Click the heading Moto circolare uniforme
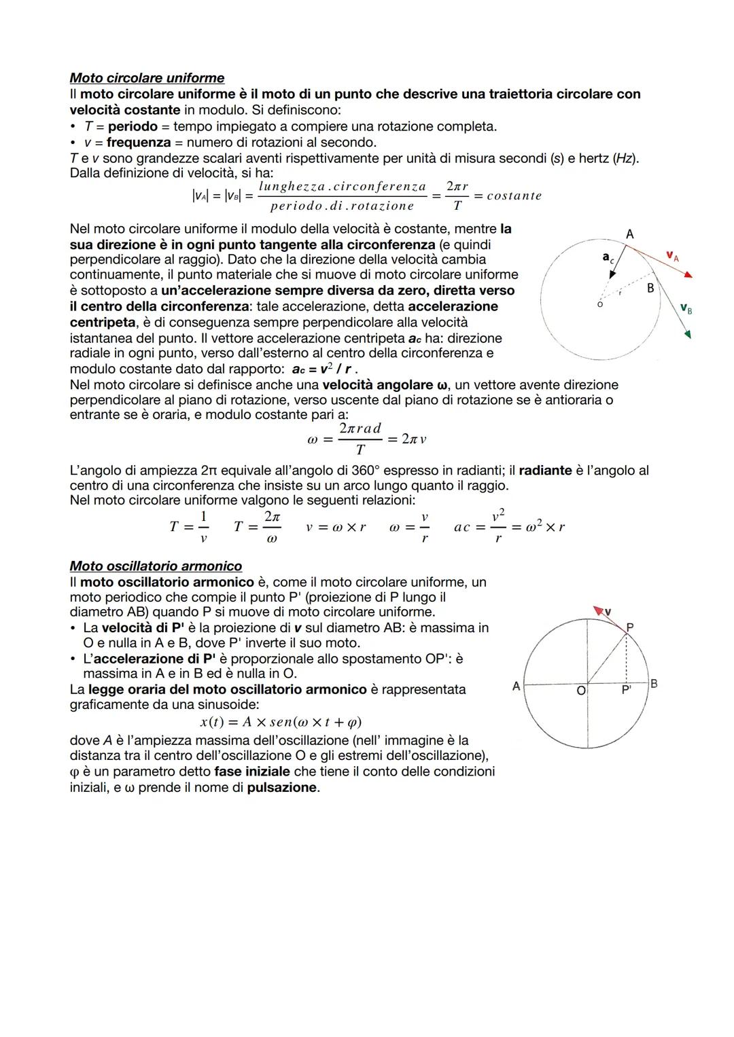(x=147, y=78)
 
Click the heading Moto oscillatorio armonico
(x=156, y=566)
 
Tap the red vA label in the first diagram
(x=672, y=256)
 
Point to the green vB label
(x=686, y=310)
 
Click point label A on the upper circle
(x=630, y=234)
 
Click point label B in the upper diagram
(x=650, y=289)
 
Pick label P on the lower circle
(x=630, y=627)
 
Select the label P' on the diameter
(x=627, y=690)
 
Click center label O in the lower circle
(x=580, y=691)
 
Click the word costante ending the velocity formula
(x=514, y=196)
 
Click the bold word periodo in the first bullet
(x=133, y=126)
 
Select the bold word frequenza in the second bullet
(x=139, y=143)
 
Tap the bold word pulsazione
(x=282, y=788)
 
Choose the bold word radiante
(x=545, y=471)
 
